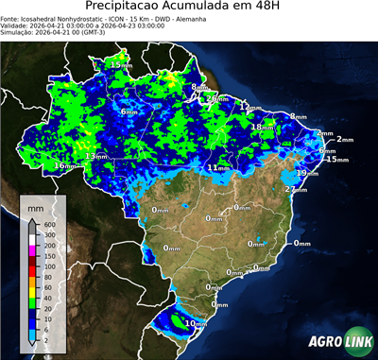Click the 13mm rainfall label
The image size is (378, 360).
(x=94, y=156)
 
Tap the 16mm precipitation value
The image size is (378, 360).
(x=64, y=165)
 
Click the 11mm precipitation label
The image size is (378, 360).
(x=218, y=167)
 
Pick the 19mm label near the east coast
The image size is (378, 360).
(x=307, y=173)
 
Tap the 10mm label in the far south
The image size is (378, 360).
(x=195, y=324)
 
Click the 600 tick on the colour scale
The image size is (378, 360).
(x=48, y=223)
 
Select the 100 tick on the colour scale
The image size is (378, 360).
(x=48, y=267)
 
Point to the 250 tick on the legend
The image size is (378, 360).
(x=48, y=245)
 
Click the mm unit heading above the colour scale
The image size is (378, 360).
(x=35, y=205)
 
